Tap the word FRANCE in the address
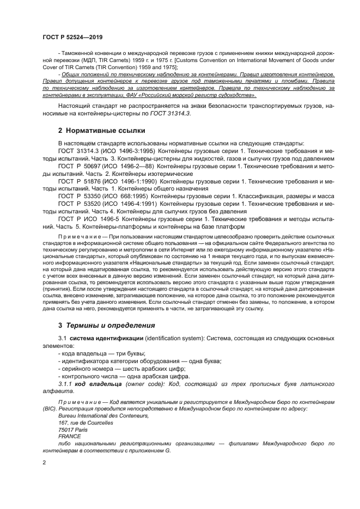[69, 436]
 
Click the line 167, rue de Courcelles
[86, 422]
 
